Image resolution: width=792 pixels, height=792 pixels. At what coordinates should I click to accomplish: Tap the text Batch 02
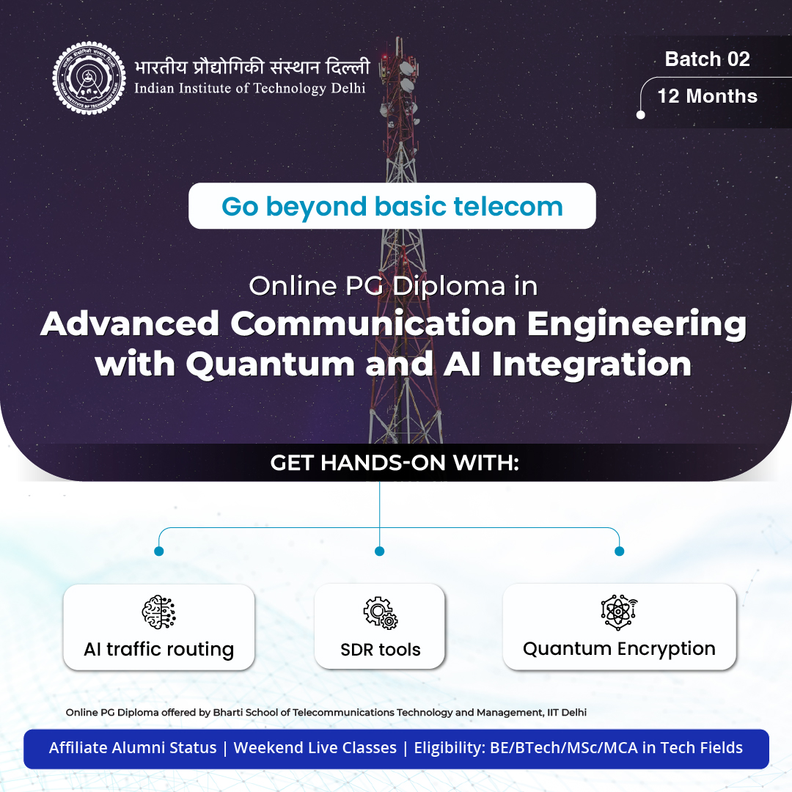pyautogui.click(x=707, y=59)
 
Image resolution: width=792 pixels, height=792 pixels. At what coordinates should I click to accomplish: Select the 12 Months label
pyautogui.click(x=707, y=96)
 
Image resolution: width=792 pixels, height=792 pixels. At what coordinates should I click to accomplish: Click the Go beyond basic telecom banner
pyautogui.click(x=392, y=206)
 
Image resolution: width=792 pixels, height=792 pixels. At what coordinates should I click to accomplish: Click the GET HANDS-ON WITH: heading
pyautogui.click(x=395, y=463)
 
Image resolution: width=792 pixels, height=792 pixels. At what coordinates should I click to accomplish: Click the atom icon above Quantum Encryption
pyautogui.click(x=619, y=612)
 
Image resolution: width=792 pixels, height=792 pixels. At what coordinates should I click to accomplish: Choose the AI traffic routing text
pyautogui.click(x=159, y=650)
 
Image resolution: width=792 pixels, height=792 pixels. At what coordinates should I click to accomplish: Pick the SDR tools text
pyautogui.click(x=380, y=650)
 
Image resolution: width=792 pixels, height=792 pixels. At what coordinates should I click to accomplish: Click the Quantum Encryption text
pyautogui.click(x=619, y=649)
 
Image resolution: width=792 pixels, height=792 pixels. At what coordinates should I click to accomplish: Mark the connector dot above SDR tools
pyautogui.click(x=379, y=551)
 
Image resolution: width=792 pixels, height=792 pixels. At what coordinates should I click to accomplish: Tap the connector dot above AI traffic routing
pyautogui.click(x=159, y=551)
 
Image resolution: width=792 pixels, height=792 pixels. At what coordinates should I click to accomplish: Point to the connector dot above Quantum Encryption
pyautogui.click(x=619, y=551)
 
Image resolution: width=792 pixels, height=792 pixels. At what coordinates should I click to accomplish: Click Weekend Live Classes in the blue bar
pyautogui.click(x=315, y=748)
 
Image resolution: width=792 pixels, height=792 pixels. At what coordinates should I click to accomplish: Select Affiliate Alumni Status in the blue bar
pyautogui.click(x=133, y=748)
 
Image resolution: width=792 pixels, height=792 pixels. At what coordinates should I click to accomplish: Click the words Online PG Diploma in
pyautogui.click(x=393, y=286)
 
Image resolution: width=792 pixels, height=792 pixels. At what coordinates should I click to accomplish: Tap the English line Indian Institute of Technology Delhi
pyautogui.click(x=249, y=89)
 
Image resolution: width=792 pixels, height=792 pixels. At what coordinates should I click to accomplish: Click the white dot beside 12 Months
pyautogui.click(x=641, y=115)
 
